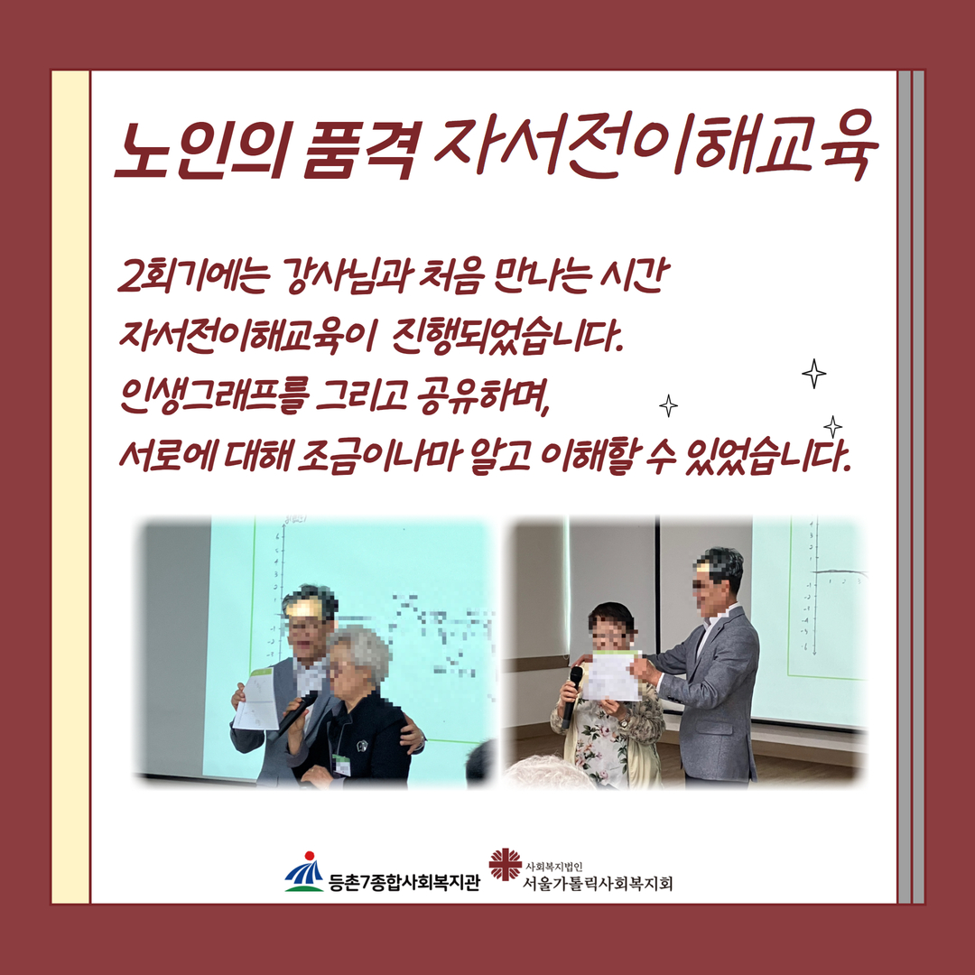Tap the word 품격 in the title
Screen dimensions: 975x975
pos(357,149)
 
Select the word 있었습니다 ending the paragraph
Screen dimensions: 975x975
pos(766,458)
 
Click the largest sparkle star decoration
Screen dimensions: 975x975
pos(814,374)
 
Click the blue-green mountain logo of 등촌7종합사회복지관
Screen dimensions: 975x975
pos(304,871)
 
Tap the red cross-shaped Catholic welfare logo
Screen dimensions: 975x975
pos(505,864)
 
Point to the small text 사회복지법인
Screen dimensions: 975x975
pos(554,866)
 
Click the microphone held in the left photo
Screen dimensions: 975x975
pos(298,712)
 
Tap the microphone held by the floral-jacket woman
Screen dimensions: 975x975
pos(571,696)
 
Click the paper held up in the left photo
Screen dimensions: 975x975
pos(257,699)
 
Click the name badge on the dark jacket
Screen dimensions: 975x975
pos(341,765)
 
